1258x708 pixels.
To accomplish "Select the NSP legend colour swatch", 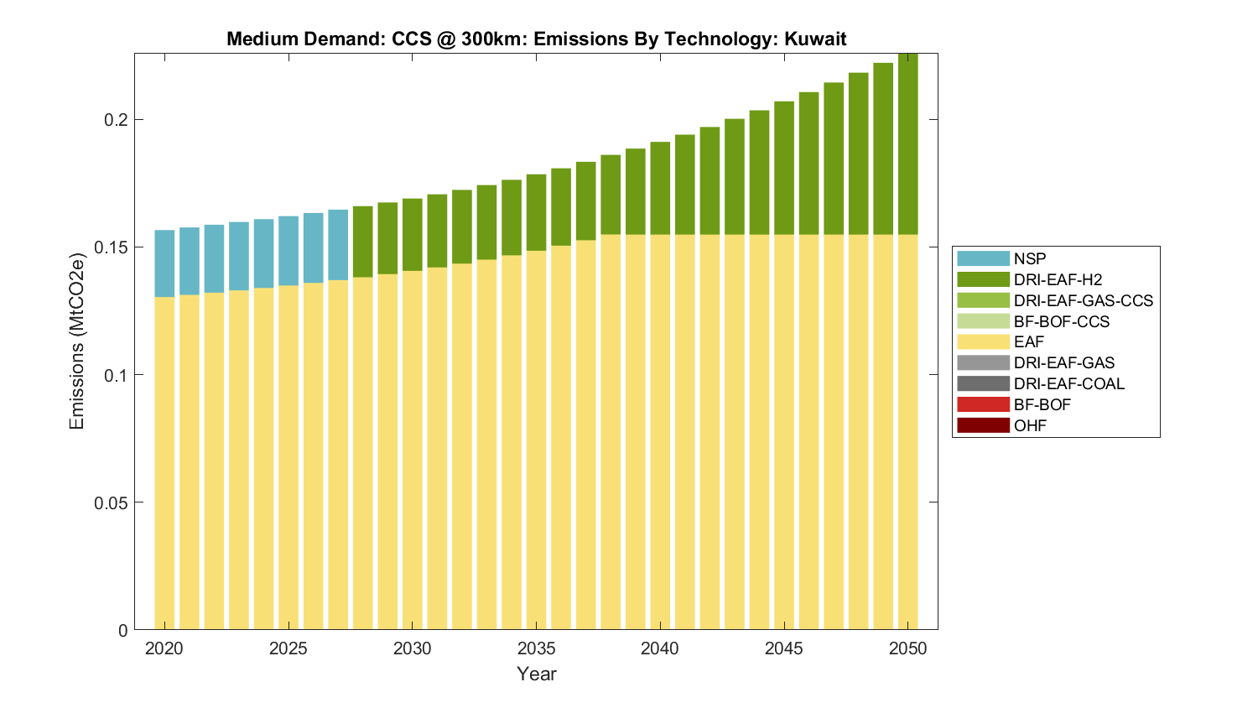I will (983, 258).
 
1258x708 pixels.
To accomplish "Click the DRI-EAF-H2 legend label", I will (1058, 279).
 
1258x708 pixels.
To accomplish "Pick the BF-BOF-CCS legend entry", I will (1061, 321).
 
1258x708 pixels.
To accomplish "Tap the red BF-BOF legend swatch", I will (983, 404).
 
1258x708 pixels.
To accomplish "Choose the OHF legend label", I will (1030, 425).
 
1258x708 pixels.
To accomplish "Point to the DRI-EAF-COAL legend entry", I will (1068, 383).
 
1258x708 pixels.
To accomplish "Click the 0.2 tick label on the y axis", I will (116, 119).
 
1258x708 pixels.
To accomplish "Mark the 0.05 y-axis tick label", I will (111, 502).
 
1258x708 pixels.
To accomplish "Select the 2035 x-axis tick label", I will (536, 648).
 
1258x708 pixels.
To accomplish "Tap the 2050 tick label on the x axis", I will (908, 648).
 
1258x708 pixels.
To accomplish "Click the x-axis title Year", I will (537, 674).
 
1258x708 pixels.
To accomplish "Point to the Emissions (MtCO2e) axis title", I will (77, 341).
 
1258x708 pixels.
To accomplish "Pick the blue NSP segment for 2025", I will (289, 251).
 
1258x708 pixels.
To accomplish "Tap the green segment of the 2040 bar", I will (660, 188).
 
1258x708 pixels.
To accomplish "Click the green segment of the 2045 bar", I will (784, 168).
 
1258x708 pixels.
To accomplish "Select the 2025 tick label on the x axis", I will (288, 648).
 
